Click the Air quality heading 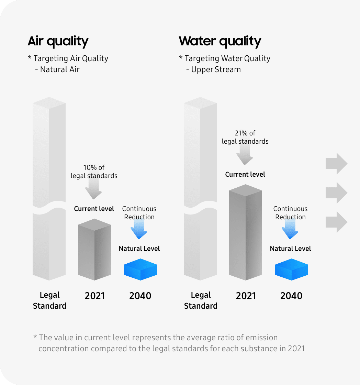click(x=58, y=41)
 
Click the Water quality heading click(x=220, y=41)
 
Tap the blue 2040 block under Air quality click(x=140, y=269)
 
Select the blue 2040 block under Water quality click(x=292, y=269)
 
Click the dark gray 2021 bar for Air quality click(x=94, y=250)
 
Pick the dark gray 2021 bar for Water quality click(x=246, y=232)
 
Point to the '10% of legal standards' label click(x=94, y=172)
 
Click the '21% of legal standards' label click(x=245, y=137)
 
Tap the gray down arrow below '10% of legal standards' click(x=93, y=189)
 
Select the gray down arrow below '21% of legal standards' click(x=245, y=154)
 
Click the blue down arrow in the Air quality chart click(x=139, y=229)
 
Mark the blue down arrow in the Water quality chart click(x=290, y=229)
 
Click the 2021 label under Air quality click(x=95, y=296)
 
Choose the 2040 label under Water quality click(x=291, y=296)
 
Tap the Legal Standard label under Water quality click(x=201, y=300)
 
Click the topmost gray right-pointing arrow click(x=336, y=164)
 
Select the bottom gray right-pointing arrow click(x=336, y=222)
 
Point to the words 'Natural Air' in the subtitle click(x=60, y=69)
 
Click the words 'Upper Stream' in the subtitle click(x=216, y=70)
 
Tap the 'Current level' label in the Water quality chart click(x=245, y=174)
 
